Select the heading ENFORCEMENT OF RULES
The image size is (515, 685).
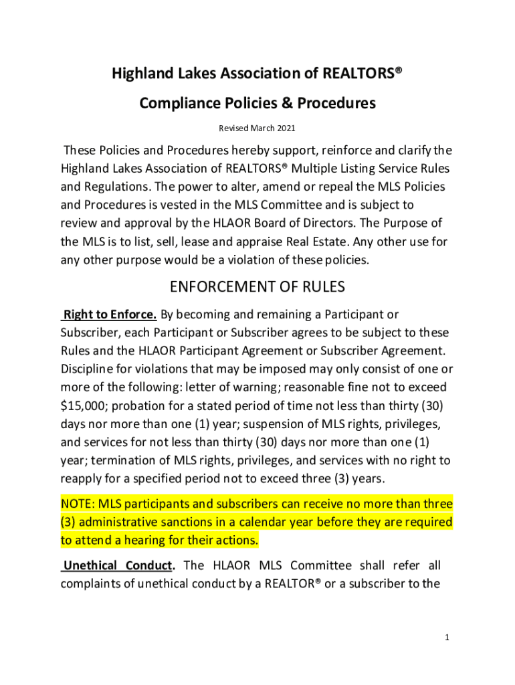coord(257,287)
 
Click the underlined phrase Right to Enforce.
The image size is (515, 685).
coord(109,314)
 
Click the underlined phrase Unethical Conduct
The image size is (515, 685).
coord(118,565)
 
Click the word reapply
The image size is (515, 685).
coord(82,478)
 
